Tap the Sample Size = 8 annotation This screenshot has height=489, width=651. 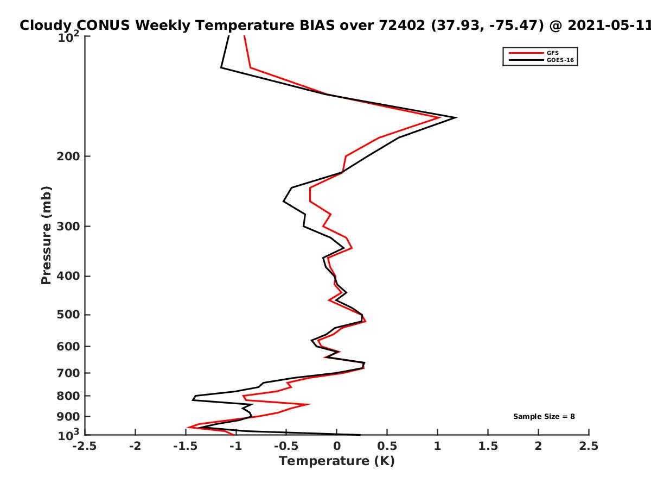(544, 417)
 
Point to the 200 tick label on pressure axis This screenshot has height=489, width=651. (68, 156)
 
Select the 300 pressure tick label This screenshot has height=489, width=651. (68, 227)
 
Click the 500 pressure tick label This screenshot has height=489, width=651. (68, 315)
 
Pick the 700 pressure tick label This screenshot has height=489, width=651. (68, 373)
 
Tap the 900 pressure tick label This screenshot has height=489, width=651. (68, 417)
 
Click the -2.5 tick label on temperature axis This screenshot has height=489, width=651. (85, 446)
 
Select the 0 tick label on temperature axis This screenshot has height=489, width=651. (337, 446)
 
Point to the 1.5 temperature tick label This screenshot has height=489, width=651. (488, 446)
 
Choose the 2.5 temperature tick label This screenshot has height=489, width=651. (589, 446)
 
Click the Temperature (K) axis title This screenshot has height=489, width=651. (337, 461)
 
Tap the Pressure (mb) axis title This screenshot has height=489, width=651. (46, 235)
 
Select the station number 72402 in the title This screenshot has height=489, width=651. (402, 26)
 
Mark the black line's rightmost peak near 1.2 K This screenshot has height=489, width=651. (456, 117)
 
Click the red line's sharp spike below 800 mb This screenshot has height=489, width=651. (309, 404)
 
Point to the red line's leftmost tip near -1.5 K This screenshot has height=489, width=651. (188, 428)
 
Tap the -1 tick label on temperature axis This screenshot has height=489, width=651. (236, 446)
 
